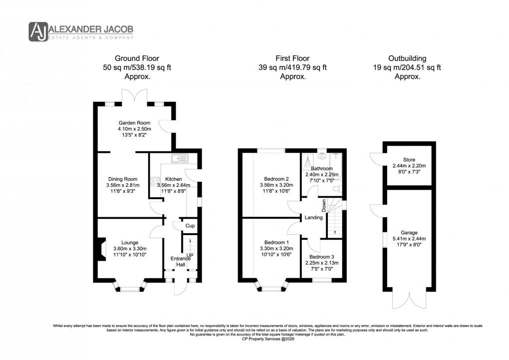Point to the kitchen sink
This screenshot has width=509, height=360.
pos(179,159)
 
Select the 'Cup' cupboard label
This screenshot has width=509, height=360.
pos(190,226)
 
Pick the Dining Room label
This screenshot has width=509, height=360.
pos(123,179)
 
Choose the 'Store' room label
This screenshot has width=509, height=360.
pos(409,160)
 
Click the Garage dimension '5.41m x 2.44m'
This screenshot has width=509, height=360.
pos(409,238)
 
